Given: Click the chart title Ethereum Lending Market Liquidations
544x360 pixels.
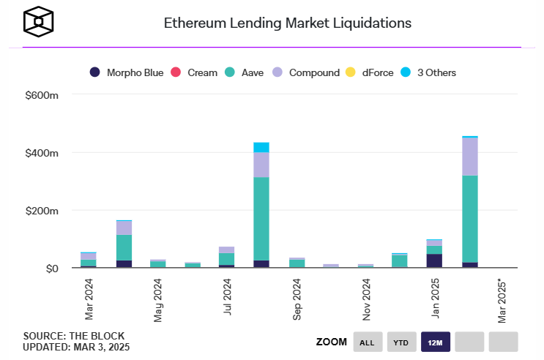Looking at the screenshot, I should [x=287, y=23].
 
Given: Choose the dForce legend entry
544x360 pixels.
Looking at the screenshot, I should [x=372, y=72].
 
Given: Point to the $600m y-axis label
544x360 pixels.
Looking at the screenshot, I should [x=42, y=96].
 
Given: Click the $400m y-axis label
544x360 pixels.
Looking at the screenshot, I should [x=42, y=154].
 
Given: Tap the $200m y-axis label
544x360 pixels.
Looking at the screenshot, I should [x=42, y=211].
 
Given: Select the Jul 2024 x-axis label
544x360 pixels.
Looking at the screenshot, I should [x=228, y=297].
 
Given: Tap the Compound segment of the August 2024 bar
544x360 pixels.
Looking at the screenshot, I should [x=261, y=165].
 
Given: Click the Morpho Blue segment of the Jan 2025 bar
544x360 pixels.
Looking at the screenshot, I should [x=435, y=261].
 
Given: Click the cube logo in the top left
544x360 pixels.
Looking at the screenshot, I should [x=38, y=23].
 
